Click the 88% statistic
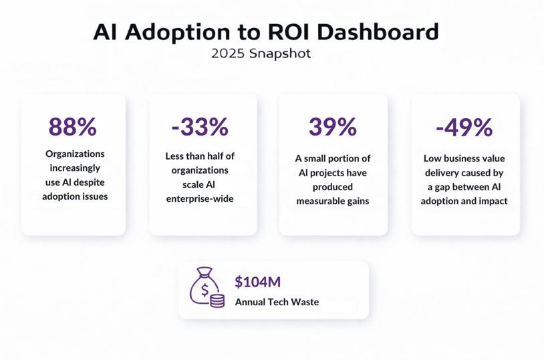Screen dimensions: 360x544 (73, 127)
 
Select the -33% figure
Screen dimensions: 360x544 (200, 126)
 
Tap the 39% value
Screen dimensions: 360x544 (332, 127)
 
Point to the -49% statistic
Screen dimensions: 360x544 (464, 127)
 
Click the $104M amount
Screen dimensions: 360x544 (257, 282)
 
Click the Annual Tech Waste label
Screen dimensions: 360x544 (277, 302)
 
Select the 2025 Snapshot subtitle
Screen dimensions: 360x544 (261, 54)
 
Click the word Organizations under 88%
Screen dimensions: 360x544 (75, 154)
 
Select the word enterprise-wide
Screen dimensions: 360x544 (200, 198)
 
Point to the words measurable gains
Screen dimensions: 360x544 (332, 201)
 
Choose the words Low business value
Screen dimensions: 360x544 (464, 159)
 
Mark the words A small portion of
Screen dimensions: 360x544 (332, 159)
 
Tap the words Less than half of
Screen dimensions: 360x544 (200, 156)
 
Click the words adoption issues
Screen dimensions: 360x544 (75, 196)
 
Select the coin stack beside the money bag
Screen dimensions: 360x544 (217, 300)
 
